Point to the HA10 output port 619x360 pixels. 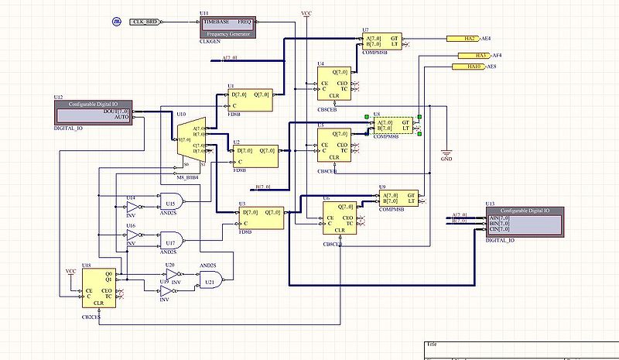[469, 67]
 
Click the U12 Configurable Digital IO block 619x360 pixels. [93, 110]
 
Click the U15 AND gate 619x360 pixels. [169, 204]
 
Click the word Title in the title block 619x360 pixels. [432, 345]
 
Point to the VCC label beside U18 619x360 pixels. [70, 272]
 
